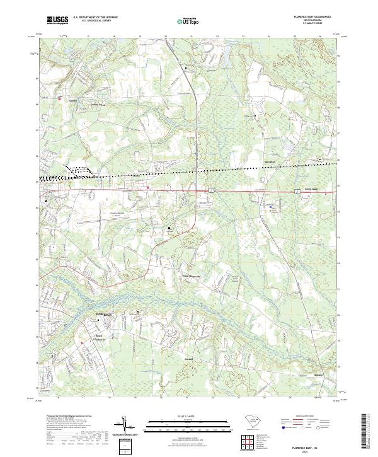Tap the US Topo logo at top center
(x=189, y=21)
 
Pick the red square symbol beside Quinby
(x=60, y=98)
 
